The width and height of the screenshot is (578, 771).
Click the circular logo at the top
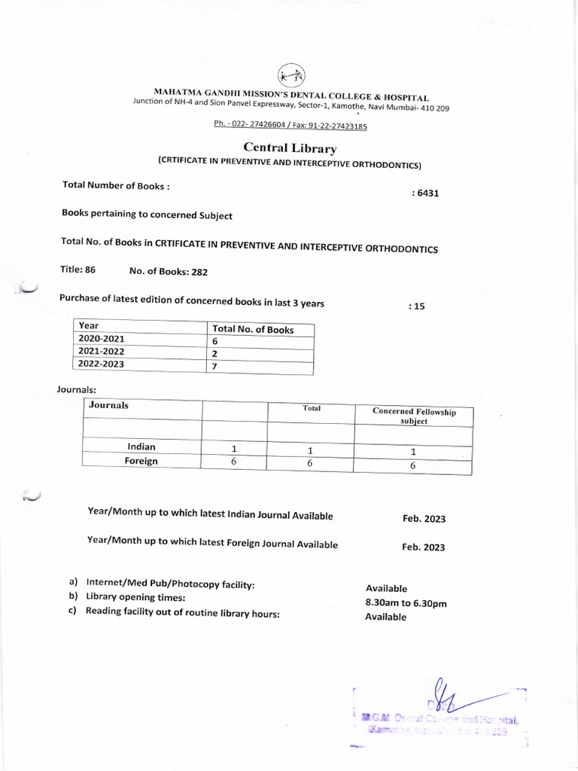[291, 76]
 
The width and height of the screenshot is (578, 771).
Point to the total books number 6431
[425, 194]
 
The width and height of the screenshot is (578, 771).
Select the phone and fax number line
[290, 126]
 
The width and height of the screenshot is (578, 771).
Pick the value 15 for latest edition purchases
[417, 306]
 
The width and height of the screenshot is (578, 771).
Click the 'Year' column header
[89, 326]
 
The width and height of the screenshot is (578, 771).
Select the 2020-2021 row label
[102, 339]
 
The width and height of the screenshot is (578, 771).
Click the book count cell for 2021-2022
[215, 353]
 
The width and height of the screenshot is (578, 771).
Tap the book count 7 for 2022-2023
[215, 366]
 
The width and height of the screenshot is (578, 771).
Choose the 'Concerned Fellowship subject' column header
[413, 416]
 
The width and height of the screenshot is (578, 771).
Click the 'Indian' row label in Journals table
[141, 446]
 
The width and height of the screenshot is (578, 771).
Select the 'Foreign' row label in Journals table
[141, 461]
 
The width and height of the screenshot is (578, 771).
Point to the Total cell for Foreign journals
[310, 464]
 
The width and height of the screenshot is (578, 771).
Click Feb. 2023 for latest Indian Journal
[424, 519]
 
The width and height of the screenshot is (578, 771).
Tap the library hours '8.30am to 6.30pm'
[406, 603]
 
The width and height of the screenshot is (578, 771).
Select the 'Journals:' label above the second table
[77, 389]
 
